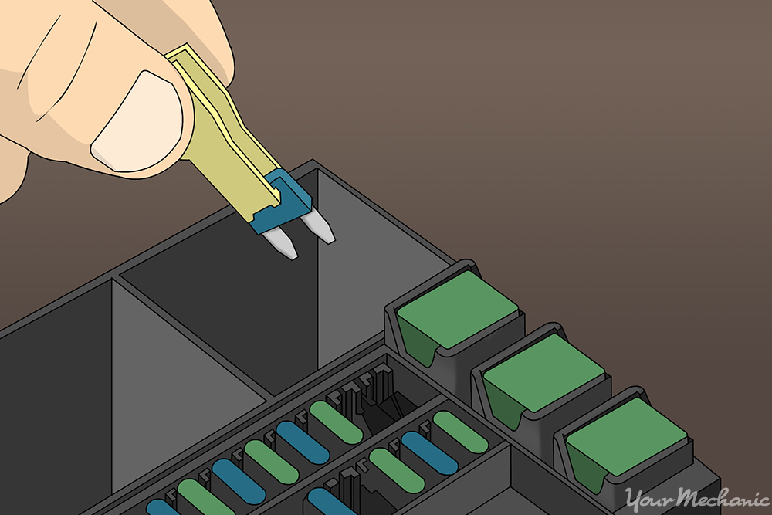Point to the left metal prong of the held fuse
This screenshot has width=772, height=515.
coord(283,244)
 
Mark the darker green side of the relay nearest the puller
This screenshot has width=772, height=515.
coord(420,341)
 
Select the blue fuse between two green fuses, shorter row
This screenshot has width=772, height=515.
coord(429,452)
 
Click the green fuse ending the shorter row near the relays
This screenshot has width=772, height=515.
coord(460,432)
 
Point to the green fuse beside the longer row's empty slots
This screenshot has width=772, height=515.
coord(335,422)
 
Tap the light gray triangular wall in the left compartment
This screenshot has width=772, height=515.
coord(178,386)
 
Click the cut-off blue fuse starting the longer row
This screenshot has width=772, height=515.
coord(162,508)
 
